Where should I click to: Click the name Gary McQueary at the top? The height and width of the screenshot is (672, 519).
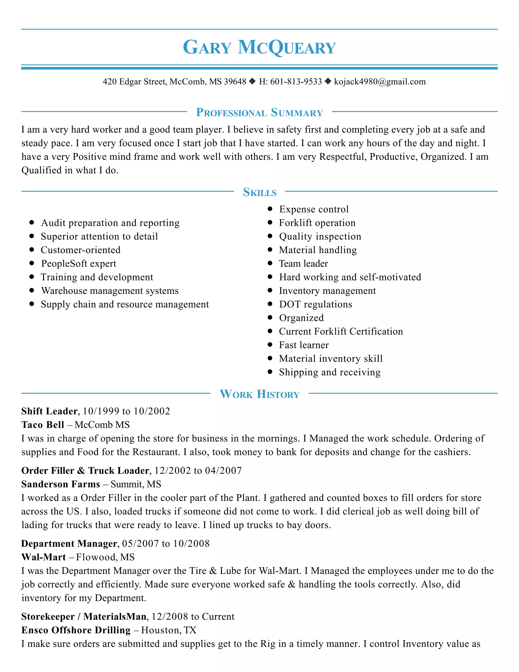click(259, 47)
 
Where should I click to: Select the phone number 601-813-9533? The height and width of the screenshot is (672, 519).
click(296, 82)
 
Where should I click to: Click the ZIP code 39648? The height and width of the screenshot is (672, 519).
click(235, 82)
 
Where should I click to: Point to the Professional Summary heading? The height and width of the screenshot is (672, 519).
click(259, 112)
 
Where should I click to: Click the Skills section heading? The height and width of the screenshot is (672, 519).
click(259, 192)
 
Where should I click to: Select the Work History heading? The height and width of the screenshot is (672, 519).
click(259, 394)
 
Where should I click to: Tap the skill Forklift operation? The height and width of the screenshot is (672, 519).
click(317, 223)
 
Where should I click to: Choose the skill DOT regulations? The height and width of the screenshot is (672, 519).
click(316, 304)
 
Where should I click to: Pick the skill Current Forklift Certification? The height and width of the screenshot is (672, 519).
click(341, 331)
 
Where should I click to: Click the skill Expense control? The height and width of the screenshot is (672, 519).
click(314, 209)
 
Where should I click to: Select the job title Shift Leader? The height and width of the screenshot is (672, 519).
click(49, 411)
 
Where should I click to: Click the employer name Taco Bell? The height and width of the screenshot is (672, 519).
click(42, 425)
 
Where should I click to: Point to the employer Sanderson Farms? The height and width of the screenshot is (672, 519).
click(61, 484)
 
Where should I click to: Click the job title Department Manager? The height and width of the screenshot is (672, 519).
click(69, 543)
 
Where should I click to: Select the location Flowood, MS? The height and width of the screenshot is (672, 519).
click(105, 557)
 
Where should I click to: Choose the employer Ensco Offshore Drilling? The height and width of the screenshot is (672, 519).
click(76, 630)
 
